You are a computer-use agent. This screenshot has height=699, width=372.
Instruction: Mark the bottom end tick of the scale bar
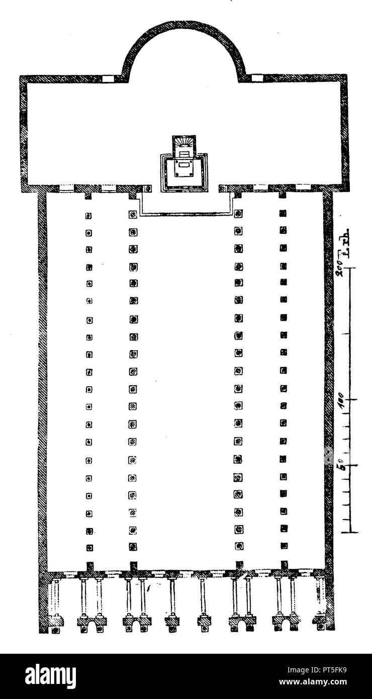pos(349,531)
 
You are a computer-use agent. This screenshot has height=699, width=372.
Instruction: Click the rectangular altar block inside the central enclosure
pos(184,169)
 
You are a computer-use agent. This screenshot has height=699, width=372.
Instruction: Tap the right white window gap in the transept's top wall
pos(257,78)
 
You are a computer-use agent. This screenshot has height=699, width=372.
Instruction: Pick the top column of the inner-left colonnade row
pos(133,214)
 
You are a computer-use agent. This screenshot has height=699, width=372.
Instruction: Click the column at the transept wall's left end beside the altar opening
pos(148,189)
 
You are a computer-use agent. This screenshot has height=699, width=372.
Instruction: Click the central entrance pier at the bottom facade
pos(204,621)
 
